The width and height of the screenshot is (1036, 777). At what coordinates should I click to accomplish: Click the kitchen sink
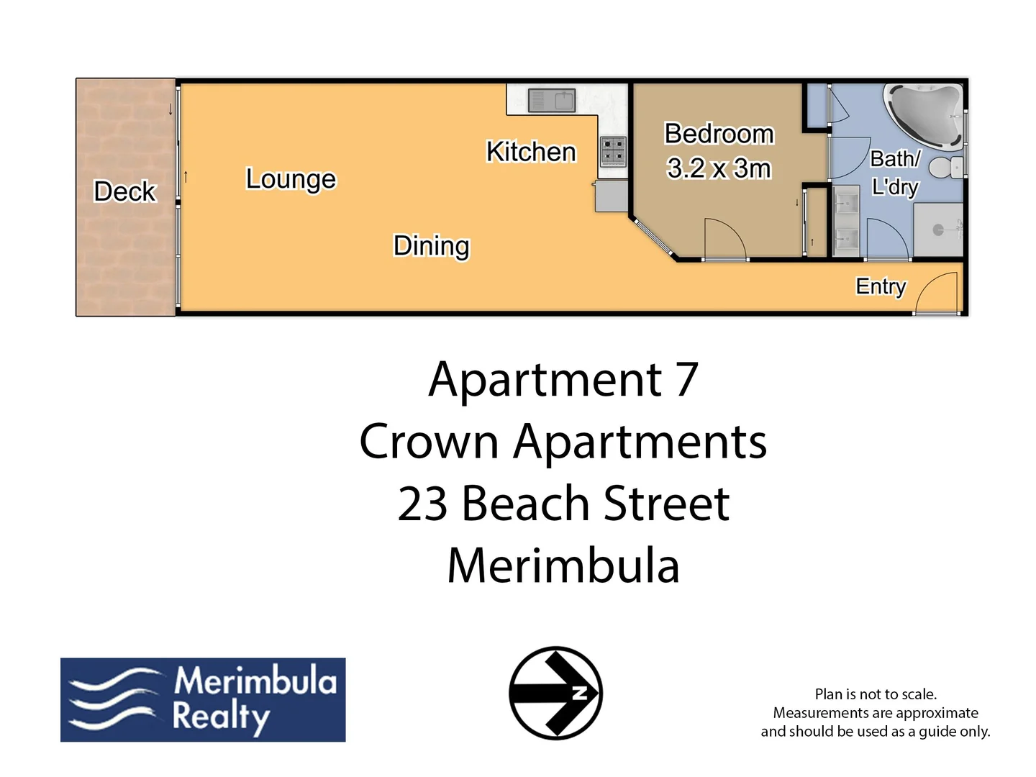[551, 100]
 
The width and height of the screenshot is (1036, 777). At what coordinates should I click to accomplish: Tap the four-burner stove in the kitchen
[613, 151]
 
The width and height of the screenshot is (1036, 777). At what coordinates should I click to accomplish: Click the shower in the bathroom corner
[938, 229]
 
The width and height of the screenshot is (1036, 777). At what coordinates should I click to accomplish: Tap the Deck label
[124, 191]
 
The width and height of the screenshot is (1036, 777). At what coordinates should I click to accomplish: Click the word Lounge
[291, 179]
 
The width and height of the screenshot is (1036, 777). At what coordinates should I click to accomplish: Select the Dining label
[431, 246]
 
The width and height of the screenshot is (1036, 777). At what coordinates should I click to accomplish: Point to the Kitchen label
[531, 152]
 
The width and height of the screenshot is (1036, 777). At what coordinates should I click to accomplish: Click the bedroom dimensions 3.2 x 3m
[719, 168]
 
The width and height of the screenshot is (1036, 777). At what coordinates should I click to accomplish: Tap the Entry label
[880, 286]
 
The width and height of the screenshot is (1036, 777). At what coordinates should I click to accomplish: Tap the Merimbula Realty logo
[203, 699]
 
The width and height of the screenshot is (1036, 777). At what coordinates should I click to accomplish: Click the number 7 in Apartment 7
[686, 379]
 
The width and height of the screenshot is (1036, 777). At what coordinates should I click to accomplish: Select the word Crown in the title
[429, 441]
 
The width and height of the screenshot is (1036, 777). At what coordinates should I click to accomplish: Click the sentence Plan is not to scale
[875, 694]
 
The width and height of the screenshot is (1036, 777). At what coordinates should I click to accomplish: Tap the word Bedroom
[719, 134]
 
